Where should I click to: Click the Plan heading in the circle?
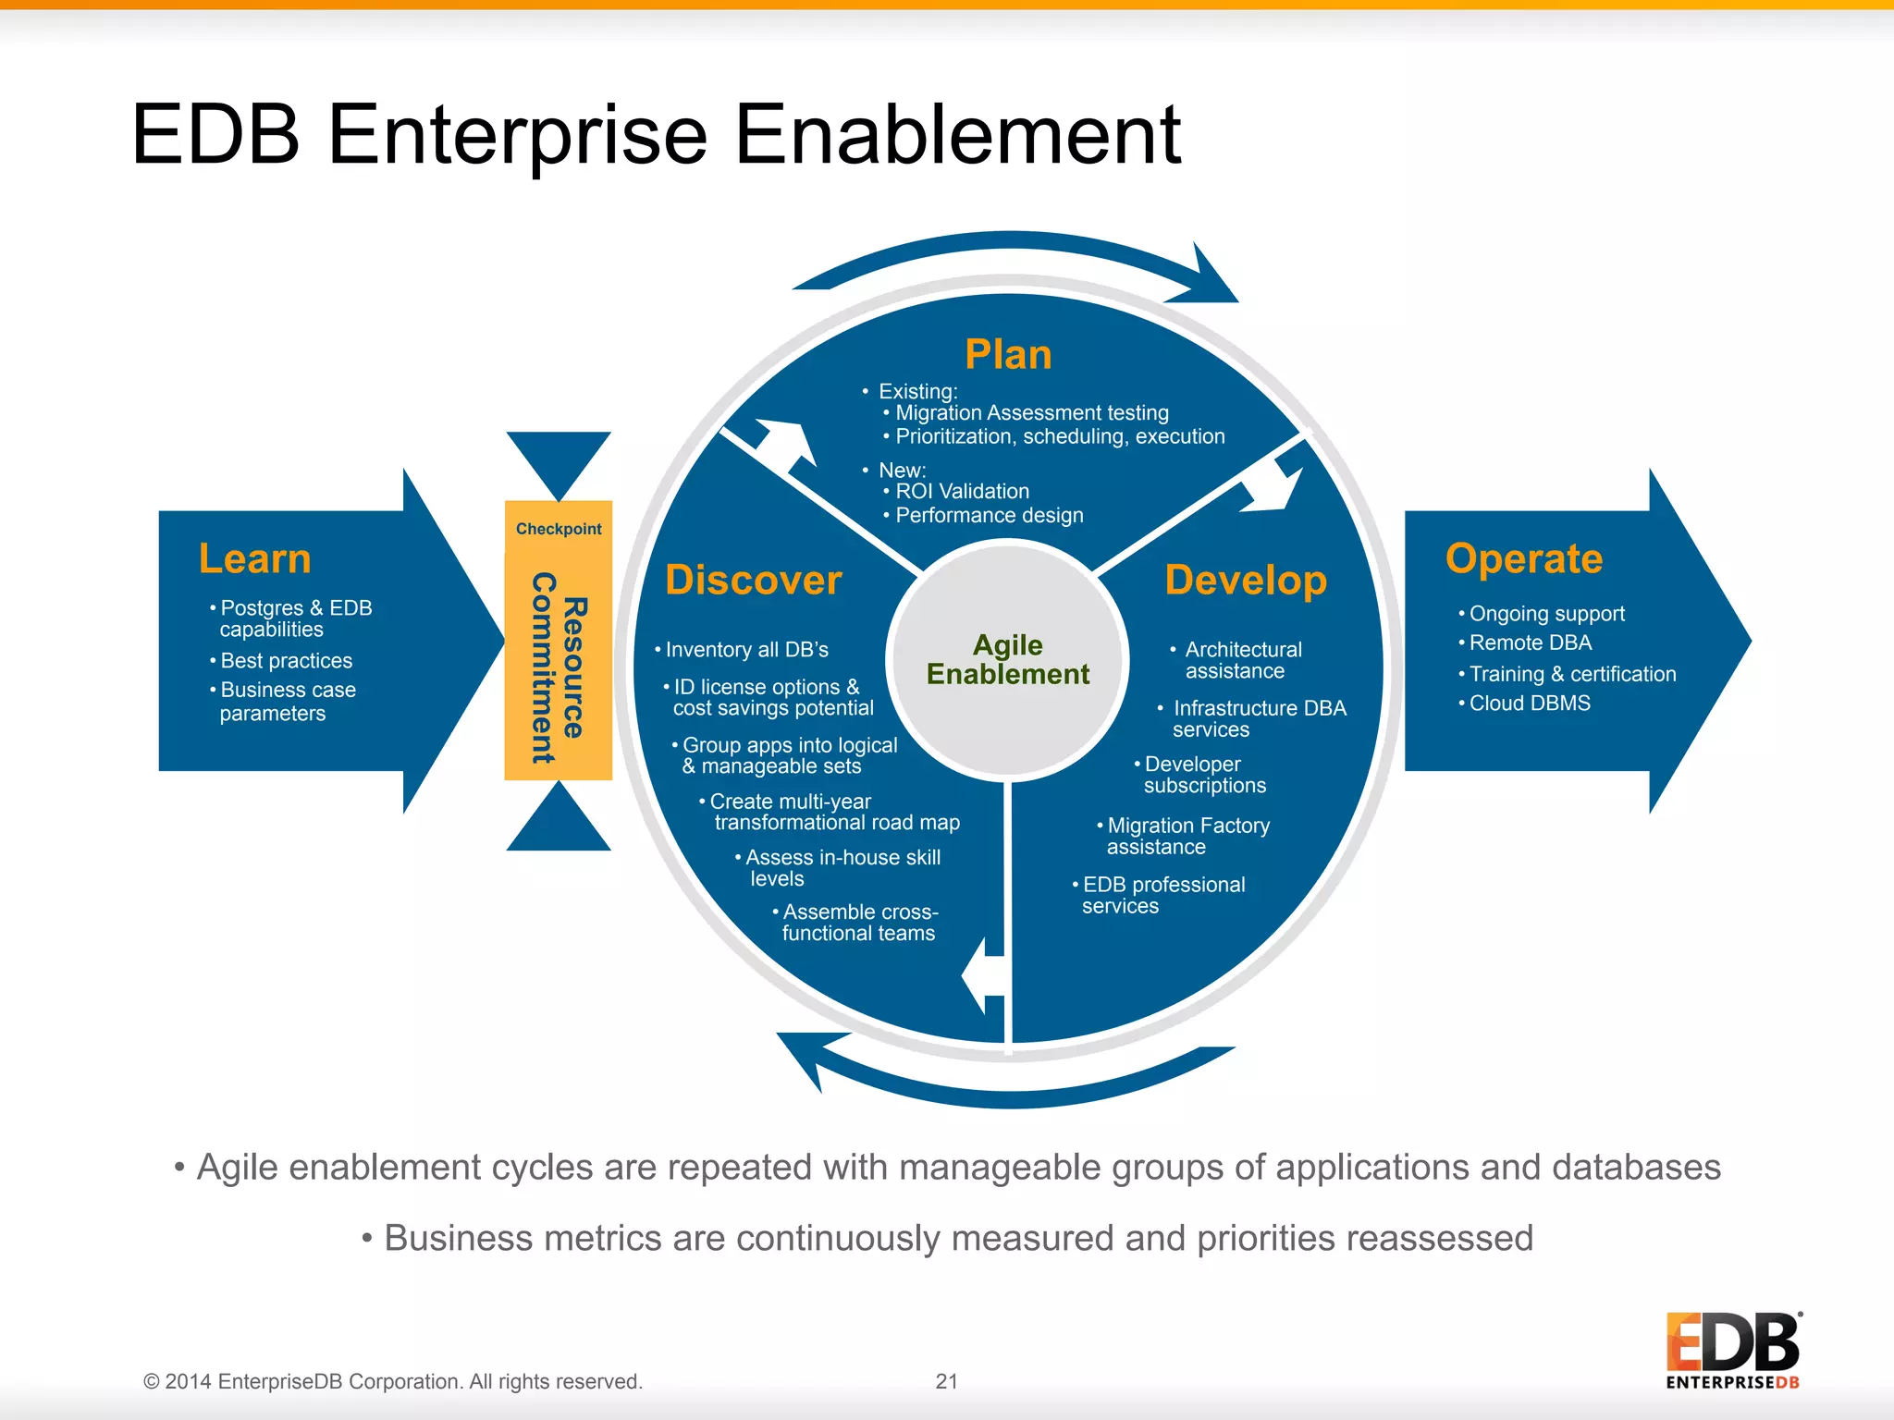pyautogui.click(x=1008, y=355)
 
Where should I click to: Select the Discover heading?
pyautogui.click(x=753, y=581)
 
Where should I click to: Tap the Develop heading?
pyautogui.click(x=1245, y=581)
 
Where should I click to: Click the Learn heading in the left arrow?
pyautogui.click(x=254, y=559)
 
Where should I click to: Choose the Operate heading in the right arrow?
pyautogui.click(x=1523, y=559)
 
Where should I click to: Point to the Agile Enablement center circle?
pyautogui.click(x=1007, y=659)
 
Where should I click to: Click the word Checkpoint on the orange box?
pyautogui.click(x=559, y=529)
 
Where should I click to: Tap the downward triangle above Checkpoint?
pyautogui.click(x=559, y=459)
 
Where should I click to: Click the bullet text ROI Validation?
pyautogui.click(x=962, y=492)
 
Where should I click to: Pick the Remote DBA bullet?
pyautogui.click(x=1530, y=643)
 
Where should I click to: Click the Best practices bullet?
pyautogui.click(x=286, y=661)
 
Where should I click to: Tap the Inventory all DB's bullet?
pyautogui.click(x=746, y=650)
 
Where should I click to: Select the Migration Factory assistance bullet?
pyautogui.click(x=1187, y=836)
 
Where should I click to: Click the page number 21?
pyautogui.click(x=946, y=1381)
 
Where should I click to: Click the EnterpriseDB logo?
pyautogui.click(x=1732, y=1350)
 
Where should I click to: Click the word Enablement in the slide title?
pyautogui.click(x=957, y=136)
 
